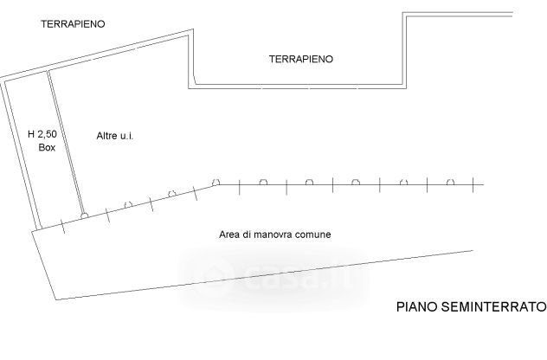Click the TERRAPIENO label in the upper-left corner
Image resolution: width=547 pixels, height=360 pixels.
pos(73,24)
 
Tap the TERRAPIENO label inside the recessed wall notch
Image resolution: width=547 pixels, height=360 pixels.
pos(301,59)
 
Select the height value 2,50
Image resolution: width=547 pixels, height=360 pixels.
pos(49,134)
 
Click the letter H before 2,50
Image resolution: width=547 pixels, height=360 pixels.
pos(31,134)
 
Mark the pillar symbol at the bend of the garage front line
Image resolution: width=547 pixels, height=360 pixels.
pos(217,183)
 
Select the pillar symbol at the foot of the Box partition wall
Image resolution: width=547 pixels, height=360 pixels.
pos(83,214)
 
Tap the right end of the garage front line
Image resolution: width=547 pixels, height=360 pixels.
pos(483,184)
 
